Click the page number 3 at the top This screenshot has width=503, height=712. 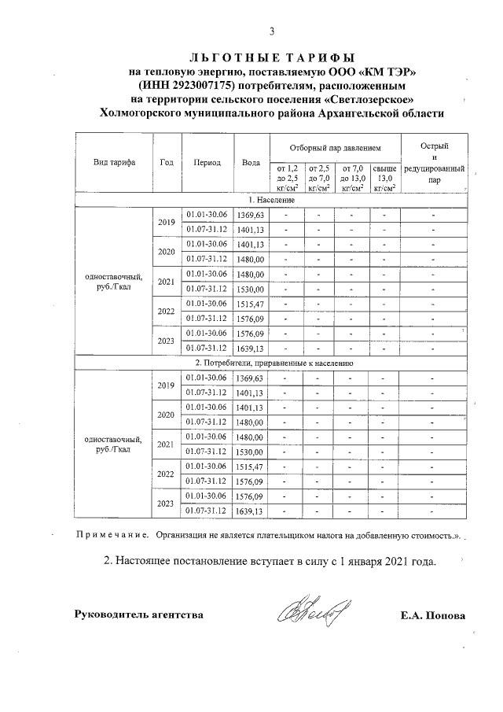(272, 32)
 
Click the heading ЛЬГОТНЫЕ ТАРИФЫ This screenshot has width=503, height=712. (272, 57)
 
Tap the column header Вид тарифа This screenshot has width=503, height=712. (113, 163)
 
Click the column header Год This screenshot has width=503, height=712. (166, 163)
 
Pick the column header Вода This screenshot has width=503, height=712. (251, 163)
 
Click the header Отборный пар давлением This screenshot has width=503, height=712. (334, 147)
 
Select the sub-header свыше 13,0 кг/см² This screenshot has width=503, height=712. (384, 178)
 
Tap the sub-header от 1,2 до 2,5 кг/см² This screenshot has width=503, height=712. (285, 178)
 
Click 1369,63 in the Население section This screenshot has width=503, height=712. (251, 215)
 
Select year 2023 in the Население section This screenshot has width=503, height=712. (166, 341)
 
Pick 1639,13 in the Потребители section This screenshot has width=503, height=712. (251, 511)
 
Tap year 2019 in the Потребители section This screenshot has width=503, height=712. (166, 386)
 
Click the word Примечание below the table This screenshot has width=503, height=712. (111, 536)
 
